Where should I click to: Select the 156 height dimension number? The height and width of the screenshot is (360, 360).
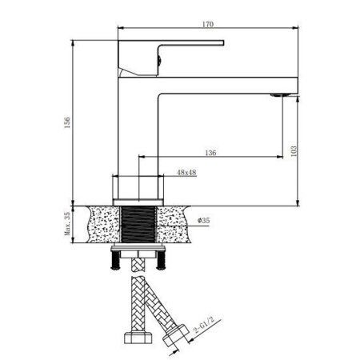click(68, 121)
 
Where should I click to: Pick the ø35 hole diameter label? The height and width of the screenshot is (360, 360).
click(204, 220)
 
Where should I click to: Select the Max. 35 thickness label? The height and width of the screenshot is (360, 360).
click(68, 226)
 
